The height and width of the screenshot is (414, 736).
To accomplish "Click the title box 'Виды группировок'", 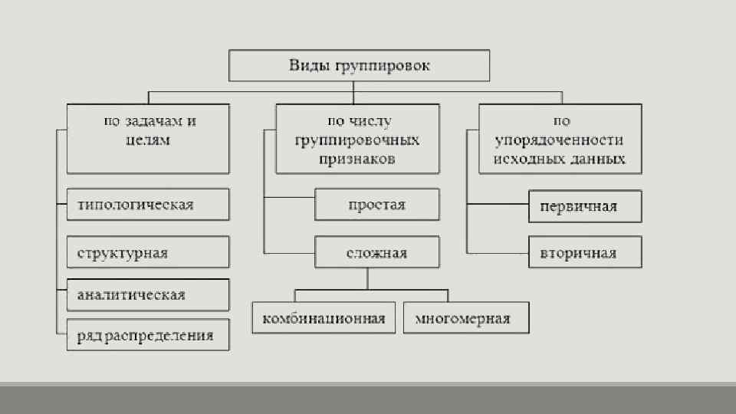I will point(360,66).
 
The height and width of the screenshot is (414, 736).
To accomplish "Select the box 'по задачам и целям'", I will point(148,139).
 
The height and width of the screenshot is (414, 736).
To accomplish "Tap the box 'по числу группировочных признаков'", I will point(358,139).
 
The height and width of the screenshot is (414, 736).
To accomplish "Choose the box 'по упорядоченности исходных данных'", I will point(560,139).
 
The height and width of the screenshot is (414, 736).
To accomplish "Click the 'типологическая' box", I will point(148,205).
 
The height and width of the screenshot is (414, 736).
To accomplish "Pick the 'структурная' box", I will point(148,252).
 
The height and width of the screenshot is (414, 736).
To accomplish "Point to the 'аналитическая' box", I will point(148,294).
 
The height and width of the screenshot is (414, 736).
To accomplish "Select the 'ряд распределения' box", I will point(148,335).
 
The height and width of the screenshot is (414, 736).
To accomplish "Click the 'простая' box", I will point(377,205).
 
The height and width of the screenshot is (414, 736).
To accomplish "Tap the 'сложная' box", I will point(377,252).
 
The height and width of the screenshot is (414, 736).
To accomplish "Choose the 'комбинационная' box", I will point(324,318).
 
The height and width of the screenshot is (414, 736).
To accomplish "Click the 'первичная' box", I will point(585,206).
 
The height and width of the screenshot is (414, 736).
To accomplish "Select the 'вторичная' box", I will point(585,253).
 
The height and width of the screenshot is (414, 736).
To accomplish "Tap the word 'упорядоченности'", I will point(560,140).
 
